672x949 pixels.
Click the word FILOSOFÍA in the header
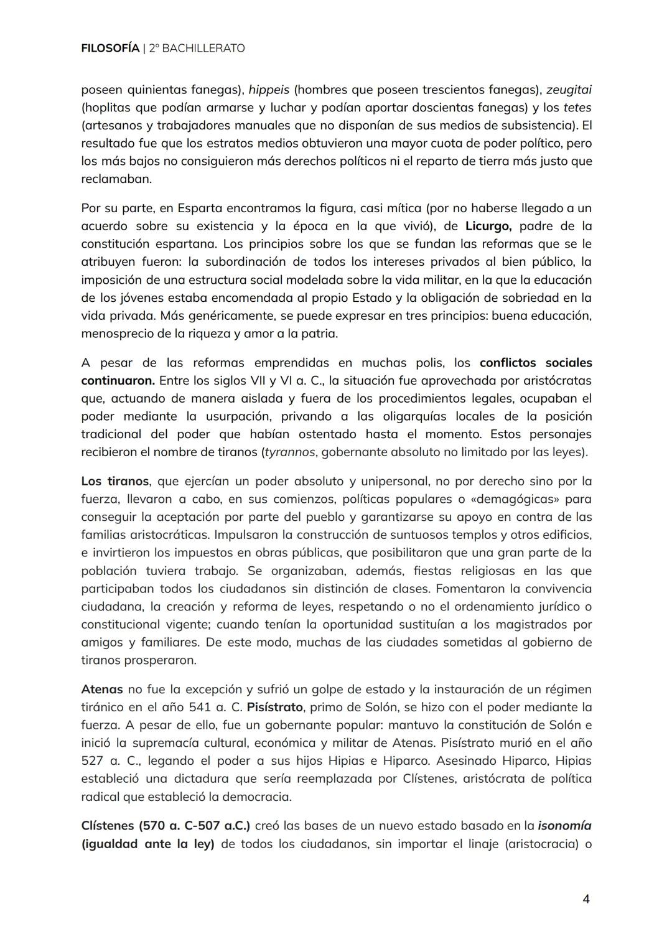(110, 48)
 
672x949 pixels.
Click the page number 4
(586, 899)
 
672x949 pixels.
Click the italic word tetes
(577, 107)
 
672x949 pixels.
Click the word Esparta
(199, 208)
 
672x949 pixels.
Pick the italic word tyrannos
(290, 452)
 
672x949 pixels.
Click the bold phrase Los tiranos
(115, 481)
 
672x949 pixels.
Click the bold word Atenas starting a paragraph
(102, 690)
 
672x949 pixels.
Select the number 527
(93, 761)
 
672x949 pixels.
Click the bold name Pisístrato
(274, 708)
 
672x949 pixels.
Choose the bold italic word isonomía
(565, 826)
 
